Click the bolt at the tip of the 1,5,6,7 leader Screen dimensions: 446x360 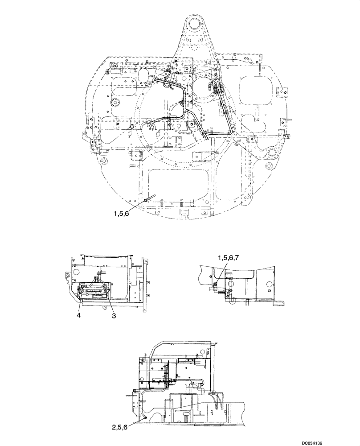216,285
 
